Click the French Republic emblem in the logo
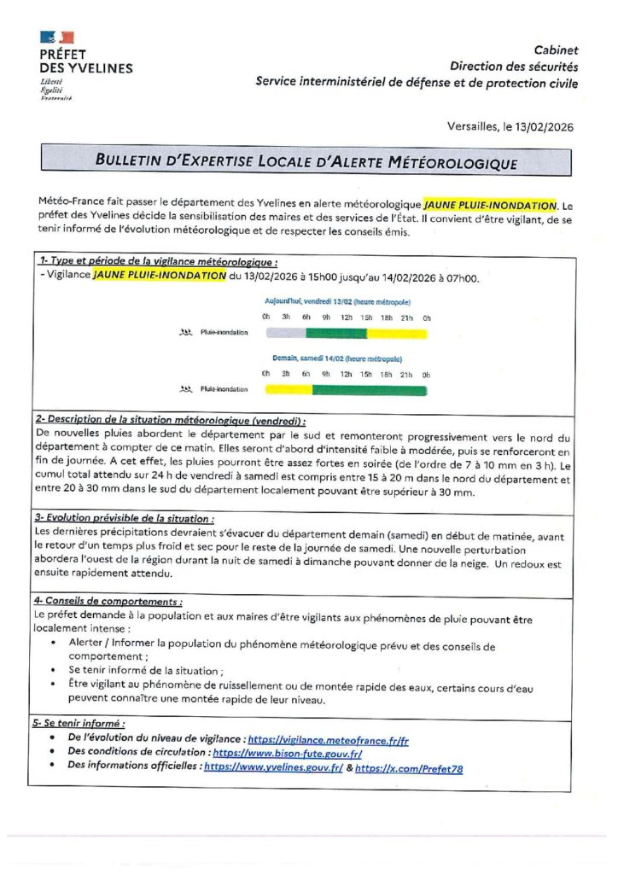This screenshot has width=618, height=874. click(56, 37)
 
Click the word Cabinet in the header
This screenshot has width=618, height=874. click(556, 51)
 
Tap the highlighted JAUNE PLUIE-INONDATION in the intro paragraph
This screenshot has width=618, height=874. click(490, 205)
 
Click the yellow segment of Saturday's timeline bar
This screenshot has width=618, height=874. click(289, 390)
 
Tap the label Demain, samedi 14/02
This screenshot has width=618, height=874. click(338, 359)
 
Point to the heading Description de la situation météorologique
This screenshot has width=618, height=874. click(171, 421)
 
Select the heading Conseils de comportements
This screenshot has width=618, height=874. click(108, 601)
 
